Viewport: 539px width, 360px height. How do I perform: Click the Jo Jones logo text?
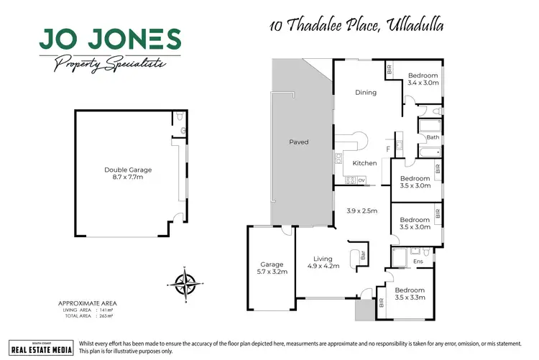tap(110, 40)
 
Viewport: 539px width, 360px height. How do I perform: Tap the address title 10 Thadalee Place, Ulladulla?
tap(356, 26)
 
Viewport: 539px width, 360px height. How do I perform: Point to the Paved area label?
tap(298, 142)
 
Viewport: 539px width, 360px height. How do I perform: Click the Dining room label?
tap(367, 93)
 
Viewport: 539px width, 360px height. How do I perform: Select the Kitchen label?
tap(364, 164)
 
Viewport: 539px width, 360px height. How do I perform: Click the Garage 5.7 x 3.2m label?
tap(272, 269)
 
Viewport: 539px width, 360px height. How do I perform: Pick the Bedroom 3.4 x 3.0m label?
tap(423, 79)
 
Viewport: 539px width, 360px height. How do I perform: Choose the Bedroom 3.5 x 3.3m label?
tap(410, 293)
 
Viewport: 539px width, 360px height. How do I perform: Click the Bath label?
tap(433, 137)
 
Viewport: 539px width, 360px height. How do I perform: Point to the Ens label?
tap(418, 262)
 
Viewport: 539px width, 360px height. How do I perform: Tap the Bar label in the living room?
tap(363, 256)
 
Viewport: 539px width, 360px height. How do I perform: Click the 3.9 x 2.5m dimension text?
tap(361, 211)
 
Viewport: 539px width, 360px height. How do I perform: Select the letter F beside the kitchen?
tap(388, 149)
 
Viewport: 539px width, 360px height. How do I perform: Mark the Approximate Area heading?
tap(87, 303)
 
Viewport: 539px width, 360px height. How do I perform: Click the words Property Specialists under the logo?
tap(110, 64)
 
